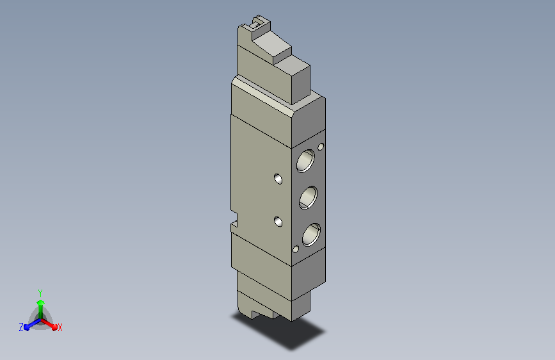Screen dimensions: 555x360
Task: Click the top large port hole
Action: tap(305, 161)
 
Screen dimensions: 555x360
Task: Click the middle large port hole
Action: tap(309, 197)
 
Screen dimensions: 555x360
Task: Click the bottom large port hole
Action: tap(312, 234)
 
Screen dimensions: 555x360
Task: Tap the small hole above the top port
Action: tap(321, 146)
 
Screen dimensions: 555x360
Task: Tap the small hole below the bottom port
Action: tap(296, 249)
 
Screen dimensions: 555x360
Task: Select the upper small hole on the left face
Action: tap(278, 179)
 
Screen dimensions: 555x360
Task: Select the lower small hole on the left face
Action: tap(278, 222)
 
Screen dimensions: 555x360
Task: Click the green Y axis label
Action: tap(40, 293)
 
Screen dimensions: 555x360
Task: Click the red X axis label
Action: tap(60, 328)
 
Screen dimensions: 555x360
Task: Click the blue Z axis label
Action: tap(21, 327)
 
